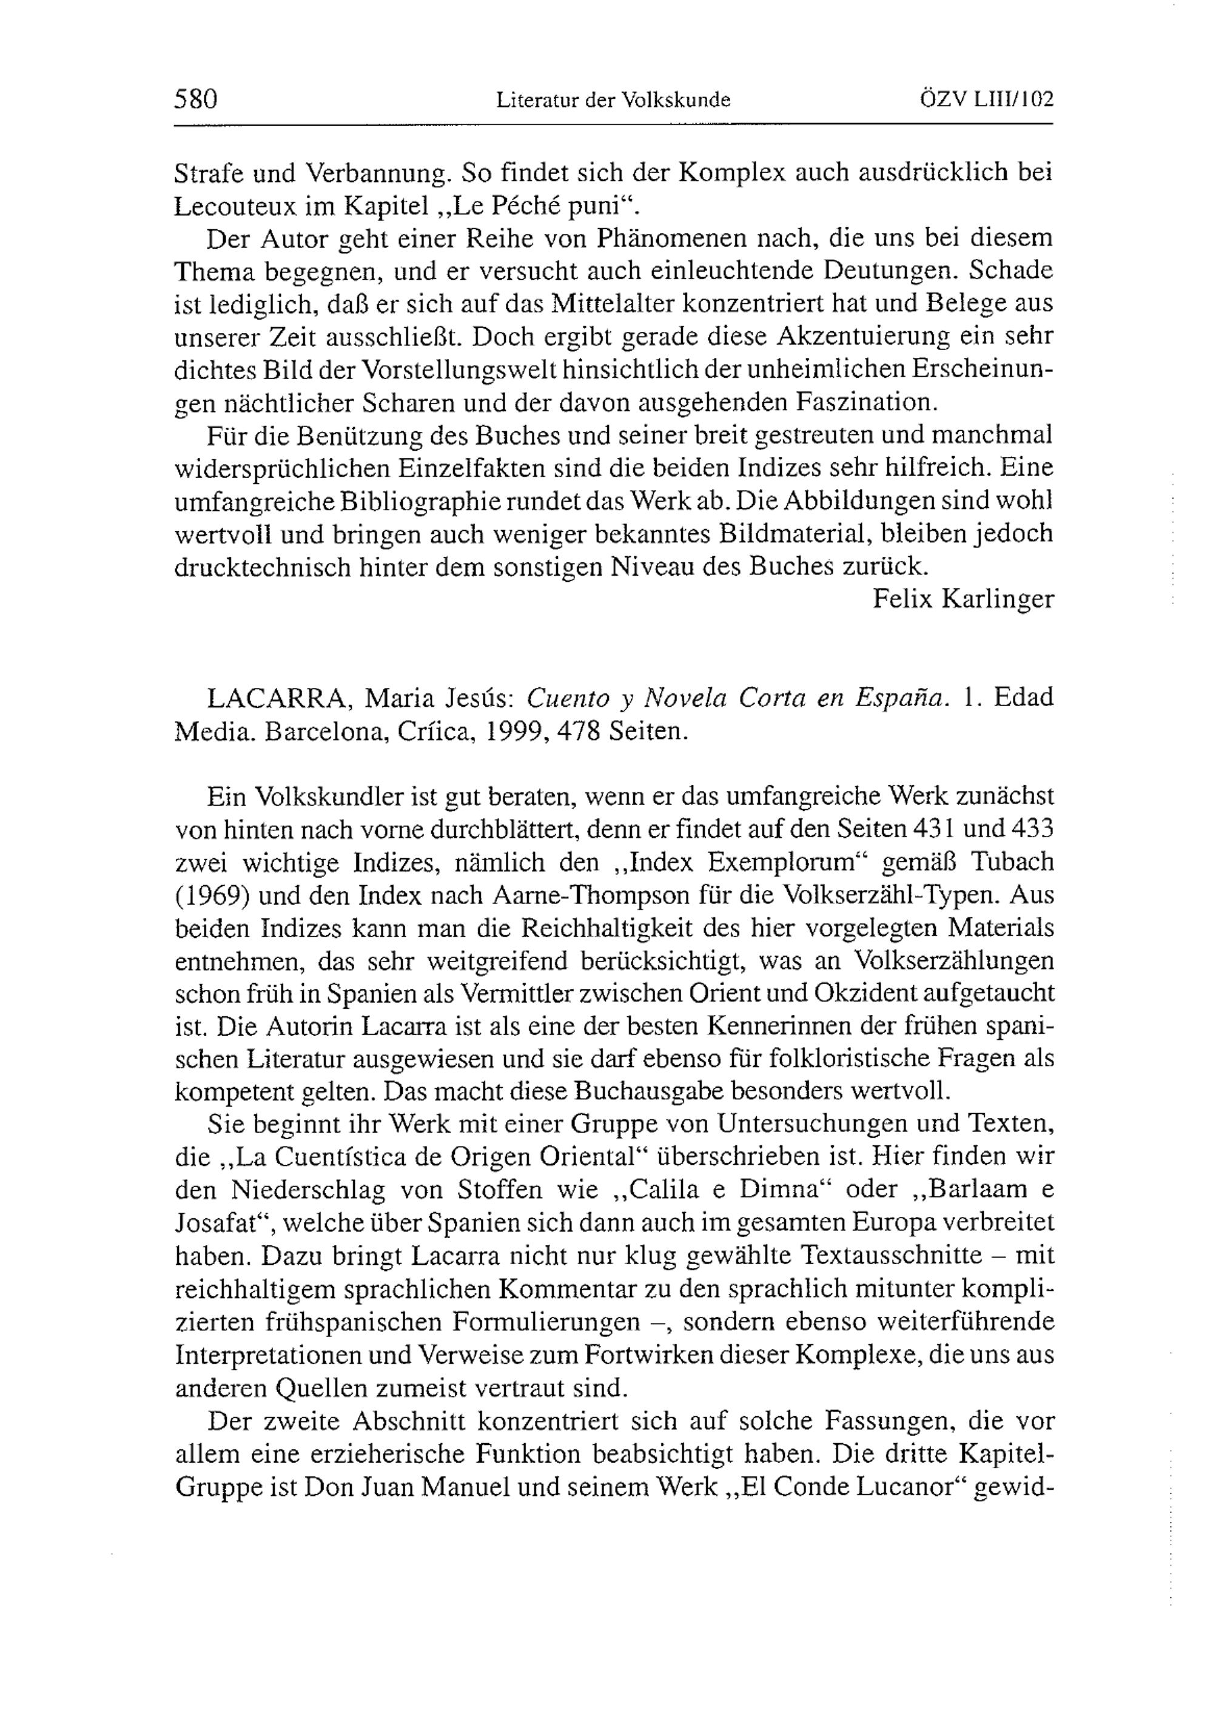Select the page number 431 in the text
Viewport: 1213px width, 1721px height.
(x=939, y=829)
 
